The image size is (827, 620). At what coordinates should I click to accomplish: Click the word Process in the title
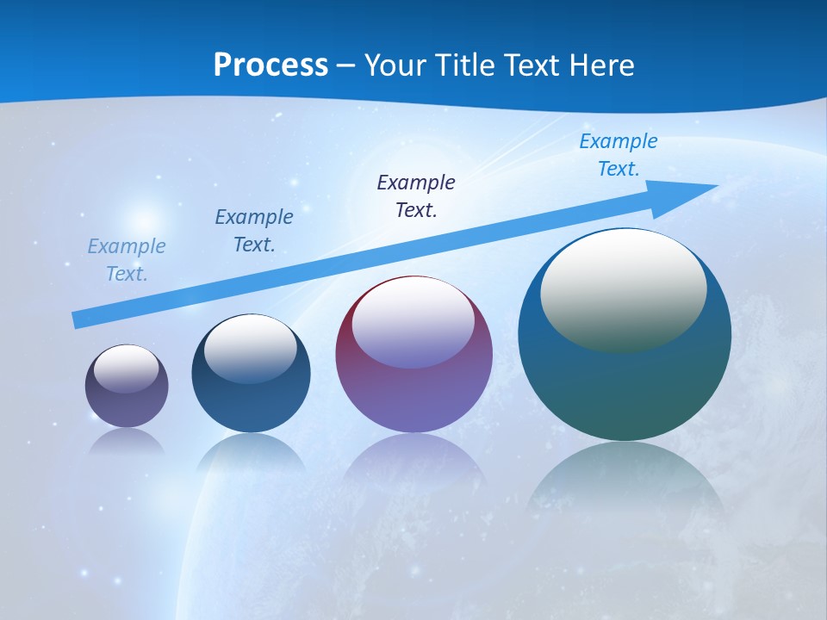pos(270,65)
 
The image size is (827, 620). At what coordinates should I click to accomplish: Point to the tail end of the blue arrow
pos(75,320)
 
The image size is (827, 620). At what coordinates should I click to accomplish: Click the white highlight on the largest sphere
pos(623,288)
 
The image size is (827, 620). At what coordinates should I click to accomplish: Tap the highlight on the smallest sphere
pos(127,369)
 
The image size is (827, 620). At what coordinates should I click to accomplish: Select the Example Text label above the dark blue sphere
pos(254,231)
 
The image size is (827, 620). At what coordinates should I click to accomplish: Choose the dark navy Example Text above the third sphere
pos(416,196)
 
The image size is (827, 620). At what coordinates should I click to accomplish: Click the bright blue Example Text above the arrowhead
pos(619,155)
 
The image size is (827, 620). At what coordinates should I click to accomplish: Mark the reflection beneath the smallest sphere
pos(127,441)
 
